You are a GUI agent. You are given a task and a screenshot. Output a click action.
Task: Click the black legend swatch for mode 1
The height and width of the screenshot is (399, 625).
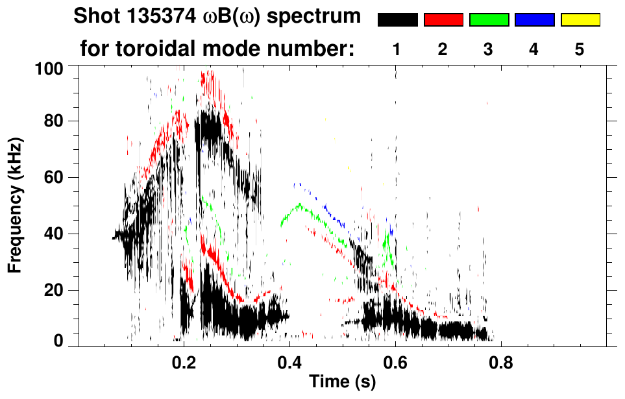click(x=397, y=20)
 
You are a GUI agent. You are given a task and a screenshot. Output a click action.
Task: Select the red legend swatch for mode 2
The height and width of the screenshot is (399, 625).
click(x=443, y=20)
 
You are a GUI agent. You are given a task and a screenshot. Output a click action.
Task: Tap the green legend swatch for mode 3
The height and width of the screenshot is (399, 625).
click(x=489, y=20)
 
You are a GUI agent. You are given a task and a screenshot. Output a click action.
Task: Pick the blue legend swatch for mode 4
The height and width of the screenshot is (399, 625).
click(x=534, y=20)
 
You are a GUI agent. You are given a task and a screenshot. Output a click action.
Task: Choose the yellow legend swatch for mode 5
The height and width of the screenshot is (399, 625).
click(x=580, y=20)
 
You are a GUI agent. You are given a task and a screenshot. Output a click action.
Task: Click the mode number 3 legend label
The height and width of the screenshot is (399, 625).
click(x=488, y=50)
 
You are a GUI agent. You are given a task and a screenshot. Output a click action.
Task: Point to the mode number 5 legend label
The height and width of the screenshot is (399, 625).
click(x=579, y=50)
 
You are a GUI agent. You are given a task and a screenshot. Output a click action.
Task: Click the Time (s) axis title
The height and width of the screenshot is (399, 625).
click(x=341, y=382)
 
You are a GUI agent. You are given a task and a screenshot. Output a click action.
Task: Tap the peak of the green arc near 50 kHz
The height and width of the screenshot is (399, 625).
click(x=299, y=205)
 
